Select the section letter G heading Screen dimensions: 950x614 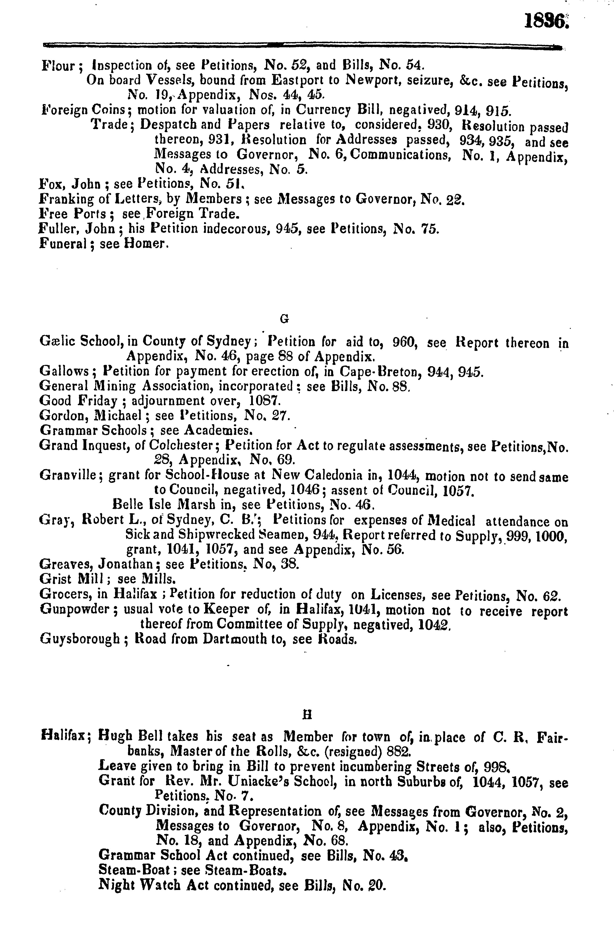[284, 318]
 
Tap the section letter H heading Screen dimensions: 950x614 [307, 715]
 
